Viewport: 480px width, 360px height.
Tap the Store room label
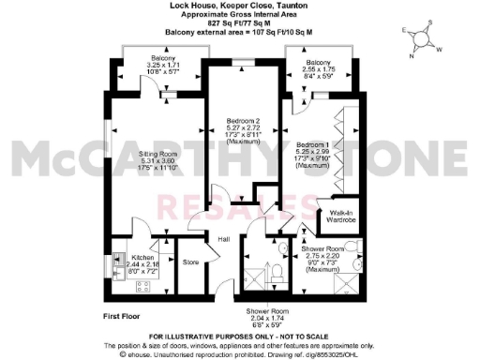tap(190, 262)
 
